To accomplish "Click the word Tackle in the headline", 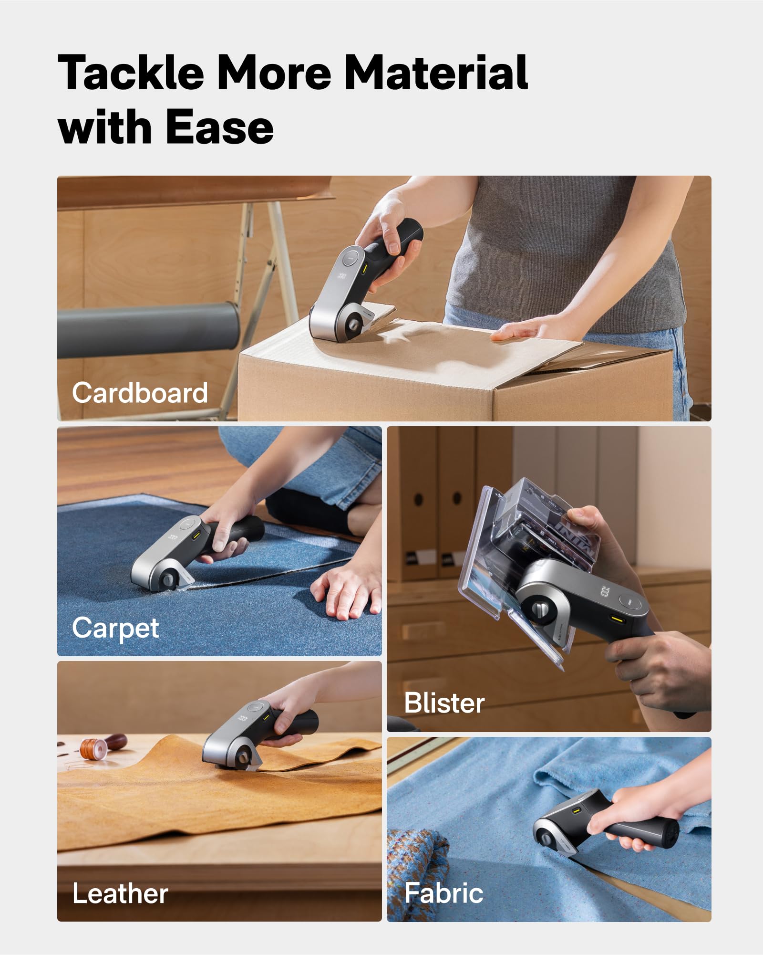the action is (x=132, y=73).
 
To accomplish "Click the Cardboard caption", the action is (x=140, y=393).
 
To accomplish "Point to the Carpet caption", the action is (x=115, y=628).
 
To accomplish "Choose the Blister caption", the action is (x=444, y=703).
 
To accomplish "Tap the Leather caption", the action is (x=120, y=893).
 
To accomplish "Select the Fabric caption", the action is (x=443, y=893).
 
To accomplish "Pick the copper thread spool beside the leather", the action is (x=92, y=748).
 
